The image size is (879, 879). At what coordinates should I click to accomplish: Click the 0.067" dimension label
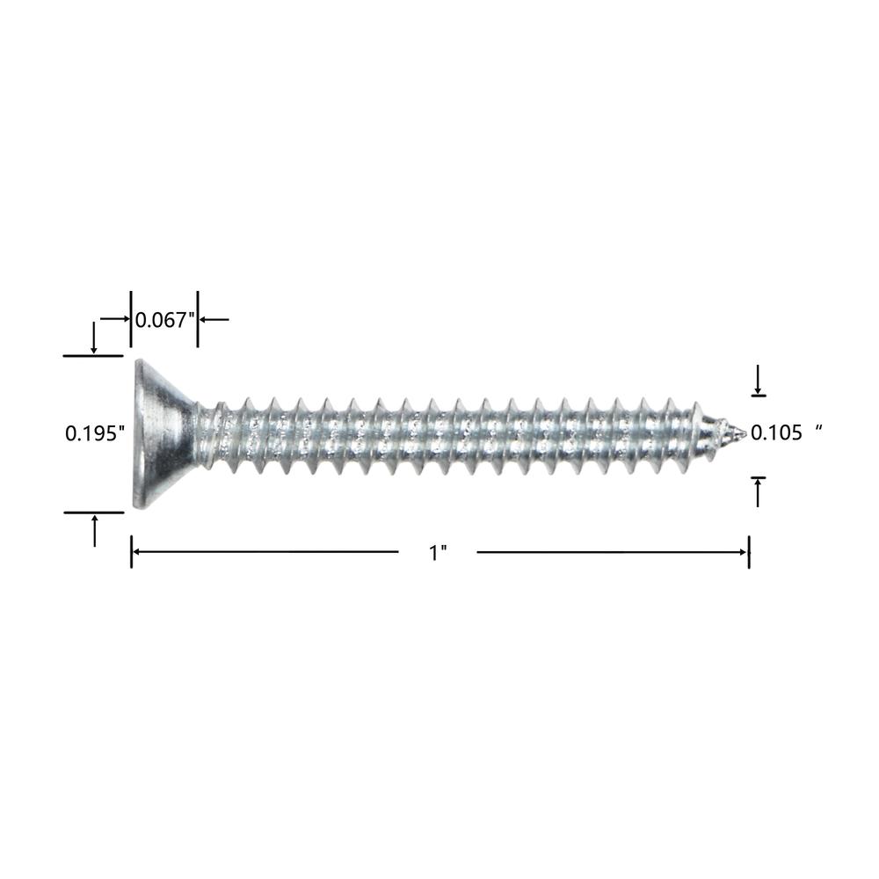(165, 320)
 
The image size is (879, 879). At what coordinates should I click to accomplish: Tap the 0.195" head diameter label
(95, 433)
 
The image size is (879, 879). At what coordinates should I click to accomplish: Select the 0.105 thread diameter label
(776, 432)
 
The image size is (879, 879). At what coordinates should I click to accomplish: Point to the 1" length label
(438, 553)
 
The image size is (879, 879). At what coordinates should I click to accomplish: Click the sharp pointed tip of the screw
(744, 432)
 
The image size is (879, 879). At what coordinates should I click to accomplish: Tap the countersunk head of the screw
(162, 434)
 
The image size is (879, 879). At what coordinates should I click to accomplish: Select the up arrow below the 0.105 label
(758, 491)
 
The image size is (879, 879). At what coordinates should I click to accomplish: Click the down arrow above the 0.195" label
(94, 338)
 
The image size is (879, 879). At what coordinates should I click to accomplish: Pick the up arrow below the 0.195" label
(95, 530)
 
